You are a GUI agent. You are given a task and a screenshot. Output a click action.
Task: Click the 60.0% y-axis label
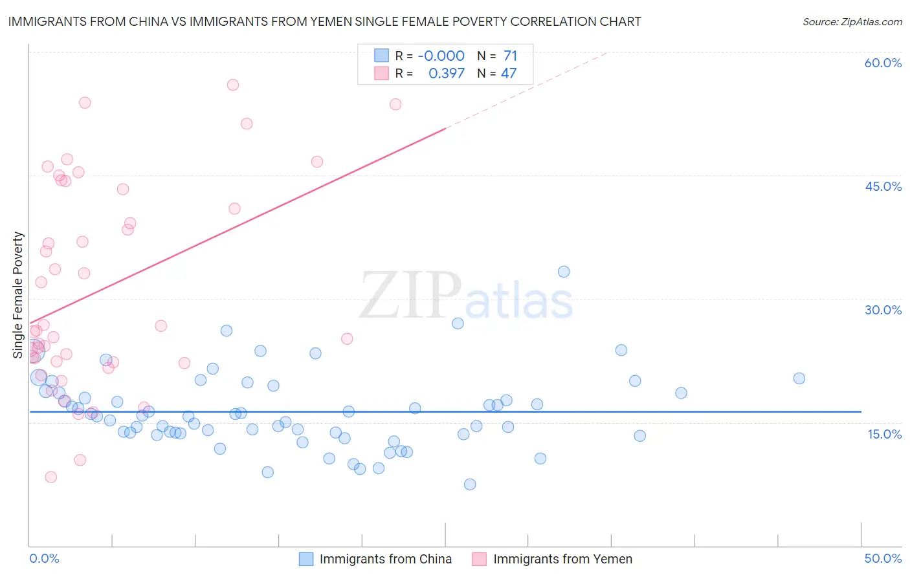(883, 63)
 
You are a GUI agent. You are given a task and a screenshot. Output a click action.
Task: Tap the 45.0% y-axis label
(883, 186)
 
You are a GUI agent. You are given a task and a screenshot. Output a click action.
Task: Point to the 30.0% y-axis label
(883, 310)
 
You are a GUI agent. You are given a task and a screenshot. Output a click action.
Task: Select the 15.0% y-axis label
(884, 434)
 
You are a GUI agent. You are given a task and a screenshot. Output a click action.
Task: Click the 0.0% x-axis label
(45, 558)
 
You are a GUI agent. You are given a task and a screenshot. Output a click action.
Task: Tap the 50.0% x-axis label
(883, 558)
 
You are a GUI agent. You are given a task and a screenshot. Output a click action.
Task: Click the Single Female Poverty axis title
(18, 295)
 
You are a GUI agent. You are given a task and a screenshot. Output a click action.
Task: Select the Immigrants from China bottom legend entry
(385, 559)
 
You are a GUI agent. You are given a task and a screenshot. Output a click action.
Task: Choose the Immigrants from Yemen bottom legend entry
(562, 559)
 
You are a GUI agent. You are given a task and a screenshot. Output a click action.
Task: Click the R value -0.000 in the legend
(441, 56)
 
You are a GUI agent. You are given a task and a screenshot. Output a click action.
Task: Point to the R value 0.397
(447, 74)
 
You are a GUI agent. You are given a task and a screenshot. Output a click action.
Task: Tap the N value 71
(510, 56)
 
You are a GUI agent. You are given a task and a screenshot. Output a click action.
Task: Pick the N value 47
(509, 74)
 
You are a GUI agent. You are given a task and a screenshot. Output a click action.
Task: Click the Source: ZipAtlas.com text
(852, 22)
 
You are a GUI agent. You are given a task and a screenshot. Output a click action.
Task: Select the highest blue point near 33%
(564, 272)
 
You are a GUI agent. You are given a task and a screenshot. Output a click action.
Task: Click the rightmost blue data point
(799, 378)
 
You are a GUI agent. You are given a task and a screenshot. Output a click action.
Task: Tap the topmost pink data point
(233, 85)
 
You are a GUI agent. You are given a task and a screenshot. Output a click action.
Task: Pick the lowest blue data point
(470, 484)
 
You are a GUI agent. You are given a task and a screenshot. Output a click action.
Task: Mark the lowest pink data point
(50, 477)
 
